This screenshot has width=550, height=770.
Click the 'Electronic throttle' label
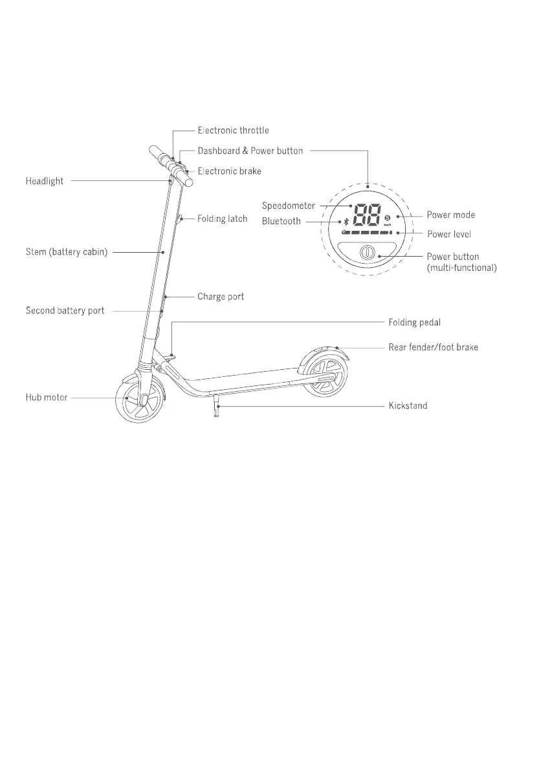click(x=233, y=131)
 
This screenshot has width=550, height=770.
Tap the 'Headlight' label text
click(x=45, y=182)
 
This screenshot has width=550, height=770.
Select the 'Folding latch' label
click(x=222, y=219)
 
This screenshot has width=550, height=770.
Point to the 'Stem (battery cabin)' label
click(x=67, y=251)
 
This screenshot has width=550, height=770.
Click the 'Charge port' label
click(x=221, y=297)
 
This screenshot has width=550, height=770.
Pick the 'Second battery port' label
click(x=65, y=311)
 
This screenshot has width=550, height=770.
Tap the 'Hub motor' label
click(x=47, y=398)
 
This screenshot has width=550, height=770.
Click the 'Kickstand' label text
click(x=408, y=406)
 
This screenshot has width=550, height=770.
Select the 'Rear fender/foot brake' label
click(x=433, y=348)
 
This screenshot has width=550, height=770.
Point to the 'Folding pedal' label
click(x=415, y=322)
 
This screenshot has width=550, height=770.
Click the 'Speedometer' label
click(x=288, y=206)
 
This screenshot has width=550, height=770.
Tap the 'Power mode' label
click(x=450, y=215)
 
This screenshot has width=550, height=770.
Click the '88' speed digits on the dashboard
click(x=366, y=215)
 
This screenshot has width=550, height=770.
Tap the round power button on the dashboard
click(x=366, y=252)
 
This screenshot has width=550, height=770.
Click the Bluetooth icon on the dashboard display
click(x=346, y=221)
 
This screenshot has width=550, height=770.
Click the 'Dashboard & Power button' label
click(x=250, y=151)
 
